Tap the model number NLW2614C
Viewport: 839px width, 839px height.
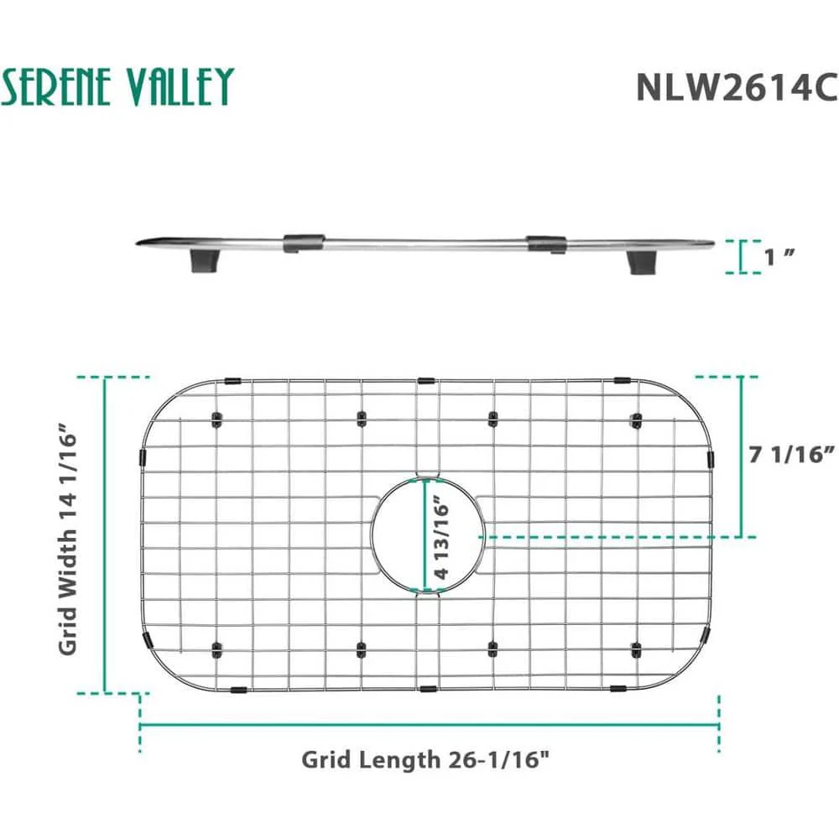tap(737, 86)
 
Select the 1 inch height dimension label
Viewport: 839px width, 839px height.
tap(779, 258)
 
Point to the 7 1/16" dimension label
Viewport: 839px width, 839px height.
tap(791, 454)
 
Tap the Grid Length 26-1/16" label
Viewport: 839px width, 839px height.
tap(425, 759)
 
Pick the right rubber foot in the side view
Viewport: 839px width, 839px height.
tap(640, 262)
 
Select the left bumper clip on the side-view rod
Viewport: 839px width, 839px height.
tap(304, 242)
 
